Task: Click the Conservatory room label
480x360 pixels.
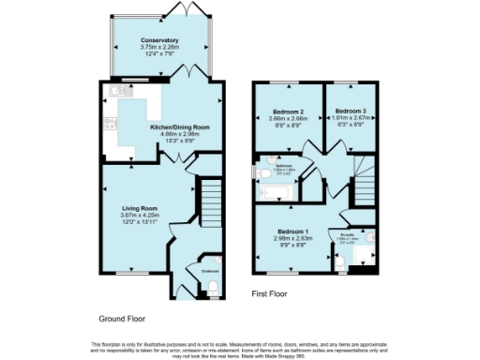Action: (159, 41)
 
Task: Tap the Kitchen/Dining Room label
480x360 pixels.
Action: (180, 127)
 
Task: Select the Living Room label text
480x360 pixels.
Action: (138, 208)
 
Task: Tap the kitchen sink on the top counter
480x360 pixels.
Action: (119, 91)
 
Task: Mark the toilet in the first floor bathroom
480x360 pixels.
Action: (258, 172)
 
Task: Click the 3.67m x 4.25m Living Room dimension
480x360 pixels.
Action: (138, 216)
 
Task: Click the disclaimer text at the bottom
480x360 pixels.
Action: (240, 347)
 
